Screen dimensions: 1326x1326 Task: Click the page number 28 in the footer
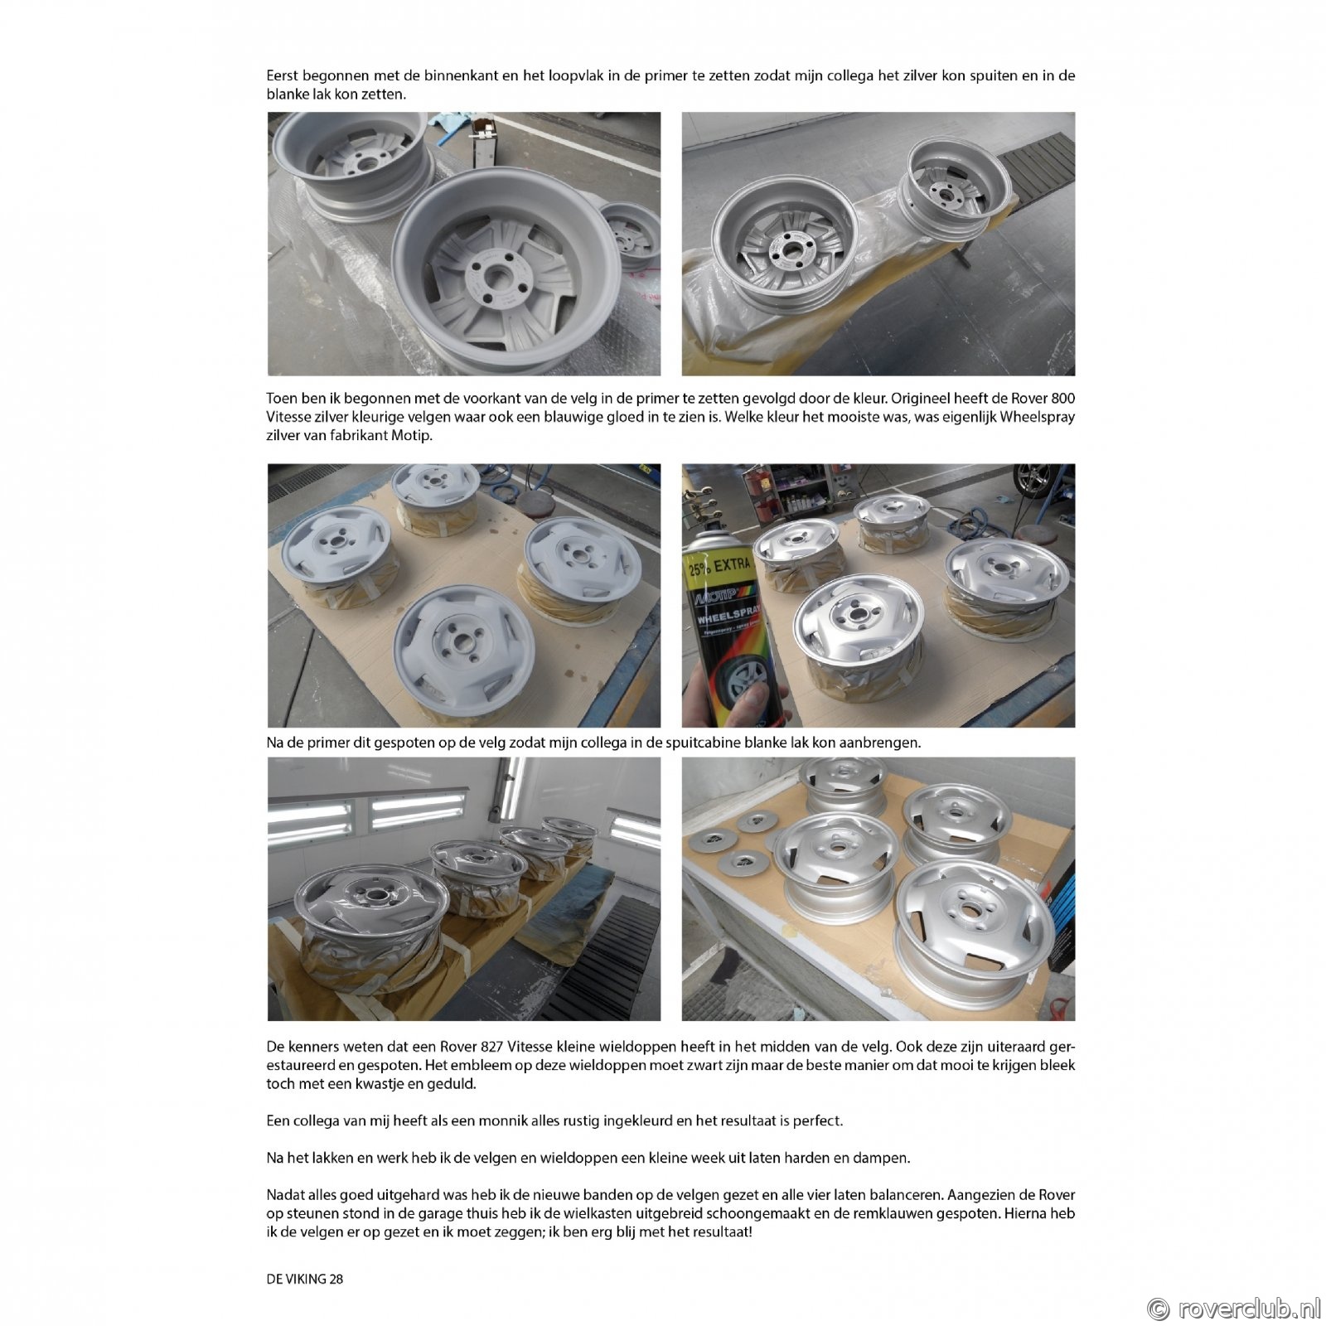click(x=336, y=1279)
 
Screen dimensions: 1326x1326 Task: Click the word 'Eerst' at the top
click(x=283, y=75)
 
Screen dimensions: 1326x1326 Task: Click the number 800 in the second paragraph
click(x=1062, y=399)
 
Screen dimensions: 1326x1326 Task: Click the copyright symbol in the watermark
click(x=1159, y=1309)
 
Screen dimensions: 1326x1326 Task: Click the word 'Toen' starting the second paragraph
click(x=283, y=399)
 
